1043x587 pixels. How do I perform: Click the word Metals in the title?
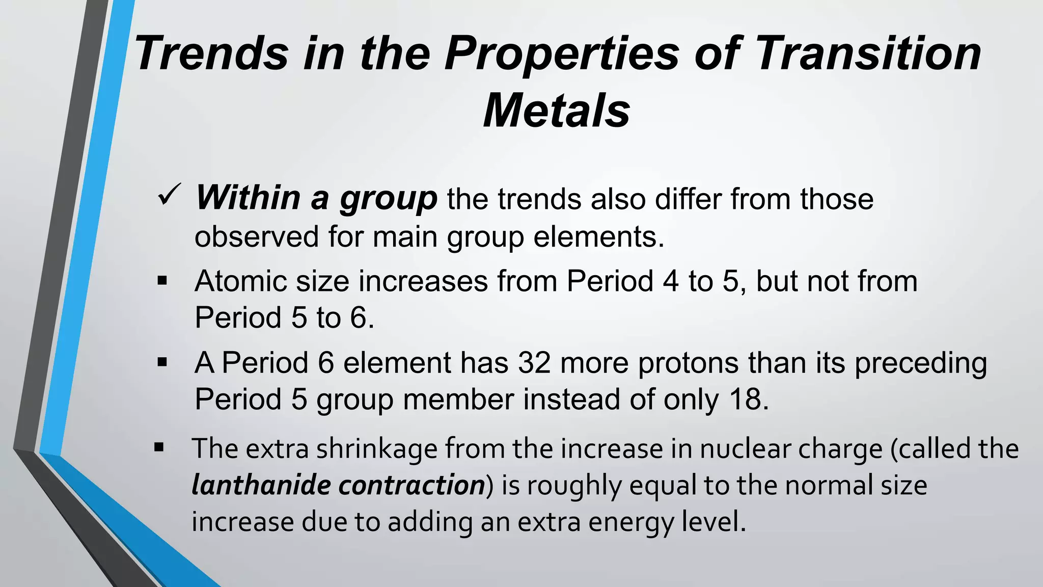pyautogui.click(x=557, y=111)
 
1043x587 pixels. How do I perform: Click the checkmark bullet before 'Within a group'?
pyautogui.click(x=169, y=196)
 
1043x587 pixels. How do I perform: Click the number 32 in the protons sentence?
pyautogui.click(x=534, y=363)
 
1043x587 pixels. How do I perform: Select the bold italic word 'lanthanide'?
pyautogui.click(x=261, y=485)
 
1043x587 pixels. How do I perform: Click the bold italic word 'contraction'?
pyautogui.click(x=411, y=485)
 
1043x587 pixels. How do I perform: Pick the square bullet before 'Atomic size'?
pyautogui.click(x=162, y=281)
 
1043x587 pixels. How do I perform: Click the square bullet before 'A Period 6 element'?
pyautogui.click(x=162, y=363)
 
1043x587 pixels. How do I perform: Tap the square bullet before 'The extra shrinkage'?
pyautogui.click(x=159, y=448)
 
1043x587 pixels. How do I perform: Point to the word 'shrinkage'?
pyautogui.click(x=376, y=449)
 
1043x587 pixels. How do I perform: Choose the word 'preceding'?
pyautogui.click(x=921, y=364)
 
